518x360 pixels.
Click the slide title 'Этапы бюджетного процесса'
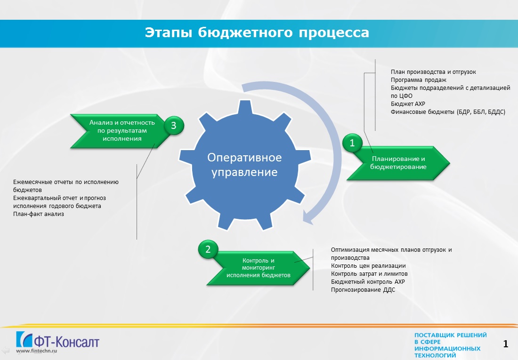coord(257,32)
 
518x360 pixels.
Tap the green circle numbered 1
coord(352,143)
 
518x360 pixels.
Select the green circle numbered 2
coord(208,249)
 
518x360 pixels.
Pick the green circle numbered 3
coord(174,126)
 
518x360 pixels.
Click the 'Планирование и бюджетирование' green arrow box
coord(398,163)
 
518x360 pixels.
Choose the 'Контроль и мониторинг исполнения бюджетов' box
coord(259,268)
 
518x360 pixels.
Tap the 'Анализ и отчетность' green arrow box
coord(122,131)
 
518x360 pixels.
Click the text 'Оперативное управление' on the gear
coord(244,165)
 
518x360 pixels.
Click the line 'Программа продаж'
coord(418,80)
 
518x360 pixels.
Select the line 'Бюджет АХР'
coord(408,104)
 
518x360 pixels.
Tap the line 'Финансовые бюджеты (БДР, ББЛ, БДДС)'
coord(448,112)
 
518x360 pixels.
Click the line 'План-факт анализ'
coord(39,214)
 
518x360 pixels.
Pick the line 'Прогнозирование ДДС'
coord(363,290)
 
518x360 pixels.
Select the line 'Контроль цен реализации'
coord(368,266)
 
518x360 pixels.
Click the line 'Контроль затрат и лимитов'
coord(369,274)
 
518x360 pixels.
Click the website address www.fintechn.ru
coord(37,351)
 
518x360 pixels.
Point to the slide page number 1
coord(505,344)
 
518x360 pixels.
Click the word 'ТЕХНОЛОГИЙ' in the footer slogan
coord(435,355)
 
